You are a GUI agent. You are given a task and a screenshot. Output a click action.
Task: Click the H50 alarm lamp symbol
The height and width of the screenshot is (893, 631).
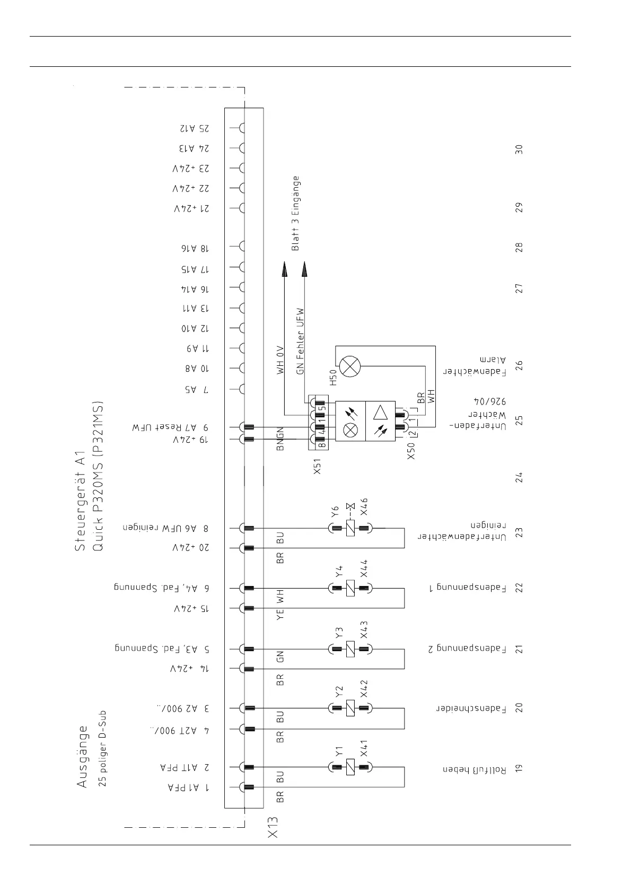[x=349, y=366]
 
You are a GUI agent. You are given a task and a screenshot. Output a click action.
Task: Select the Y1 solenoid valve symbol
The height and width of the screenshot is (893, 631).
[x=350, y=767]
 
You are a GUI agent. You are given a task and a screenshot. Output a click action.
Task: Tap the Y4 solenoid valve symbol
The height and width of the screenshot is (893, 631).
[x=350, y=588]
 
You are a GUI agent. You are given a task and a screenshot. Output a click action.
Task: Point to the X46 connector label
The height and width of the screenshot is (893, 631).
[x=364, y=507]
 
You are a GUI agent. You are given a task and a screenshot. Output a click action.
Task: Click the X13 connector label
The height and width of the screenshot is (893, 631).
[x=273, y=842]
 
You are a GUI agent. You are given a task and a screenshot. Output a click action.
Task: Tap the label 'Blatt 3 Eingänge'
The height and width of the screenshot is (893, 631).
[x=296, y=213]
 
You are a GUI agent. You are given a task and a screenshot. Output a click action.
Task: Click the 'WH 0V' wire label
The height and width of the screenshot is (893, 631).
[x=281, y=360]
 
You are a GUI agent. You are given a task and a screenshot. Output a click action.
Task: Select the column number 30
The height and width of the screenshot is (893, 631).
[x=519, y=149]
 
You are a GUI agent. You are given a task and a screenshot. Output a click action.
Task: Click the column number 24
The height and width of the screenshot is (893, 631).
[x=519, y=477]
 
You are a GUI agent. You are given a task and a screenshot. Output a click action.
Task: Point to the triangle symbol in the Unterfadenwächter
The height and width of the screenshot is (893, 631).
[x=380, y=413]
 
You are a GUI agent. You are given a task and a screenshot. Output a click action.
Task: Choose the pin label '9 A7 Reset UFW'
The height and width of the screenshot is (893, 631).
[x=170, y=427]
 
